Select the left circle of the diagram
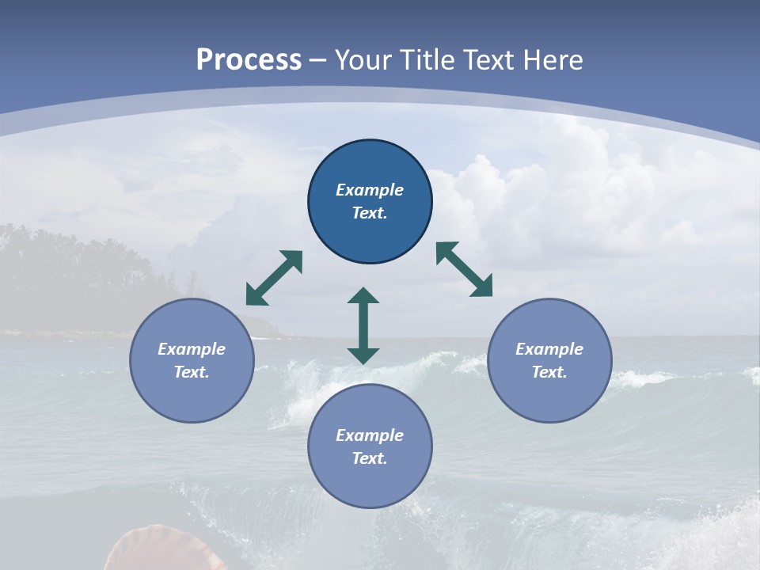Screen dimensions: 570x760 point(192,360)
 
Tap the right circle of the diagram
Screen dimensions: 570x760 point(549,360)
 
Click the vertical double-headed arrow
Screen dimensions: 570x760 point(363,325)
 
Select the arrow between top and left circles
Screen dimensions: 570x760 point(274,278)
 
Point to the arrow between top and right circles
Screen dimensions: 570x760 point(465,269)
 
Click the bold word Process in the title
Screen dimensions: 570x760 point(249,59)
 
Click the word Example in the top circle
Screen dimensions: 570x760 point(370,190)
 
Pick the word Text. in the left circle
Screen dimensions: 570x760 point(192,372)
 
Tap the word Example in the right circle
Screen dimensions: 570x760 point(549,349)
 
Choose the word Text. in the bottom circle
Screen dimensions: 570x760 point(370,458)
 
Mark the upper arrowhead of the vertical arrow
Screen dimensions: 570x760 point(363,296)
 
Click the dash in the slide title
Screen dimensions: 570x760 point(318,61)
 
